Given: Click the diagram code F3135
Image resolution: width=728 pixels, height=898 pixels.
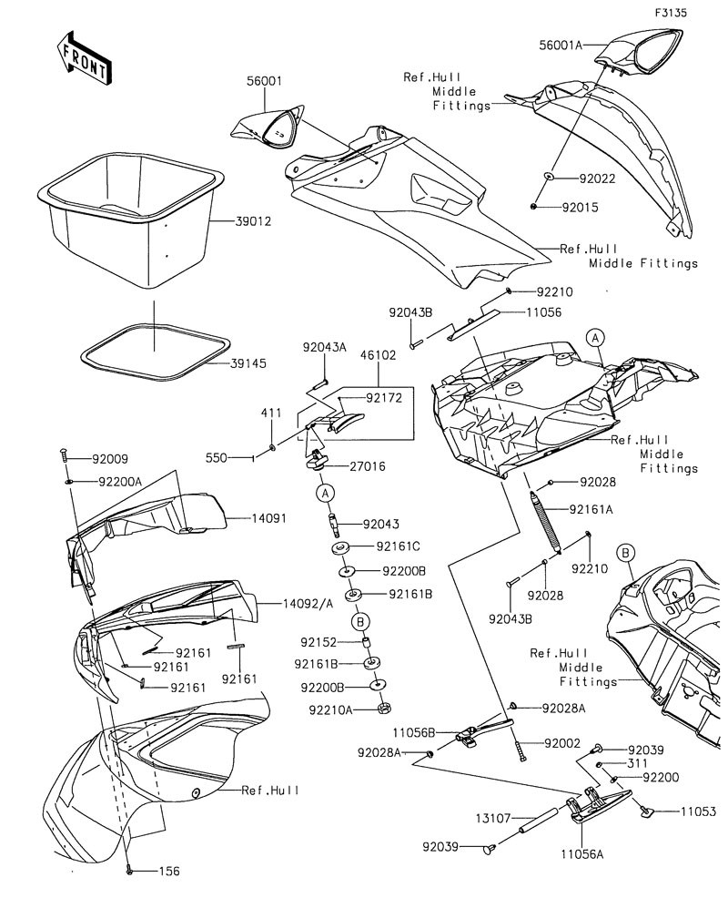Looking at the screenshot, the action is pyautogui.click(x=671, y=12).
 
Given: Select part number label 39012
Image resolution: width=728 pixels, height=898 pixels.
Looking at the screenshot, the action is pyautogui.click(x=253, y=221).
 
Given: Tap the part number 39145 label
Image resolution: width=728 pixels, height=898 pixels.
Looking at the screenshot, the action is pyautogui.click(x=248, y=363).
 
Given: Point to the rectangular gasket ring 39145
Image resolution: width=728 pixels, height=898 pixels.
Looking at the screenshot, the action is pyautogui.click(x=155, y=352).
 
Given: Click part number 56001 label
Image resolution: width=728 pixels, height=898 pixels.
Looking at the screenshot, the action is pyautogui.click(x=265, y=81).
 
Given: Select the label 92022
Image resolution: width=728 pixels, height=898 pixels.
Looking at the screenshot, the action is pyautogui.click(x=597, y=179).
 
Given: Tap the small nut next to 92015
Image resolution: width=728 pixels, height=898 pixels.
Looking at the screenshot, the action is pyautogui.click(x=534, y=206).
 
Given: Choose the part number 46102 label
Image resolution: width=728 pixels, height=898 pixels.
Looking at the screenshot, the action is pyautogui.click(x=378, y=355).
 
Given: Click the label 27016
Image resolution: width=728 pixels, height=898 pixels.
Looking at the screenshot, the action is pyautogui.click(x=368, y=466).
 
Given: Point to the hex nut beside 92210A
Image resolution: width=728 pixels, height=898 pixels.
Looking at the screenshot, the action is pyautogui.click(x=381, y=709).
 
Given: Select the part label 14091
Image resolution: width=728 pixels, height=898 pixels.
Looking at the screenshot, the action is pyautogui.click(x=269, y=518).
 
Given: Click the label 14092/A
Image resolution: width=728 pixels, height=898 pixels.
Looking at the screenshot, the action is pyautogui.click(x=308, y=603).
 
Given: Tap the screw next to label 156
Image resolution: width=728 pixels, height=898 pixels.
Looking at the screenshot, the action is pyautogui.click(x=129, y=871).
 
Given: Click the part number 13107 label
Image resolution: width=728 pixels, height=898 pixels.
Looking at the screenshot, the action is pyautogui.click(x=493, y=819).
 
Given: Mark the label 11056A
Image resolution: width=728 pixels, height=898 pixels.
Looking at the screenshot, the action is pyautogui.click(x=582, y=854).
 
